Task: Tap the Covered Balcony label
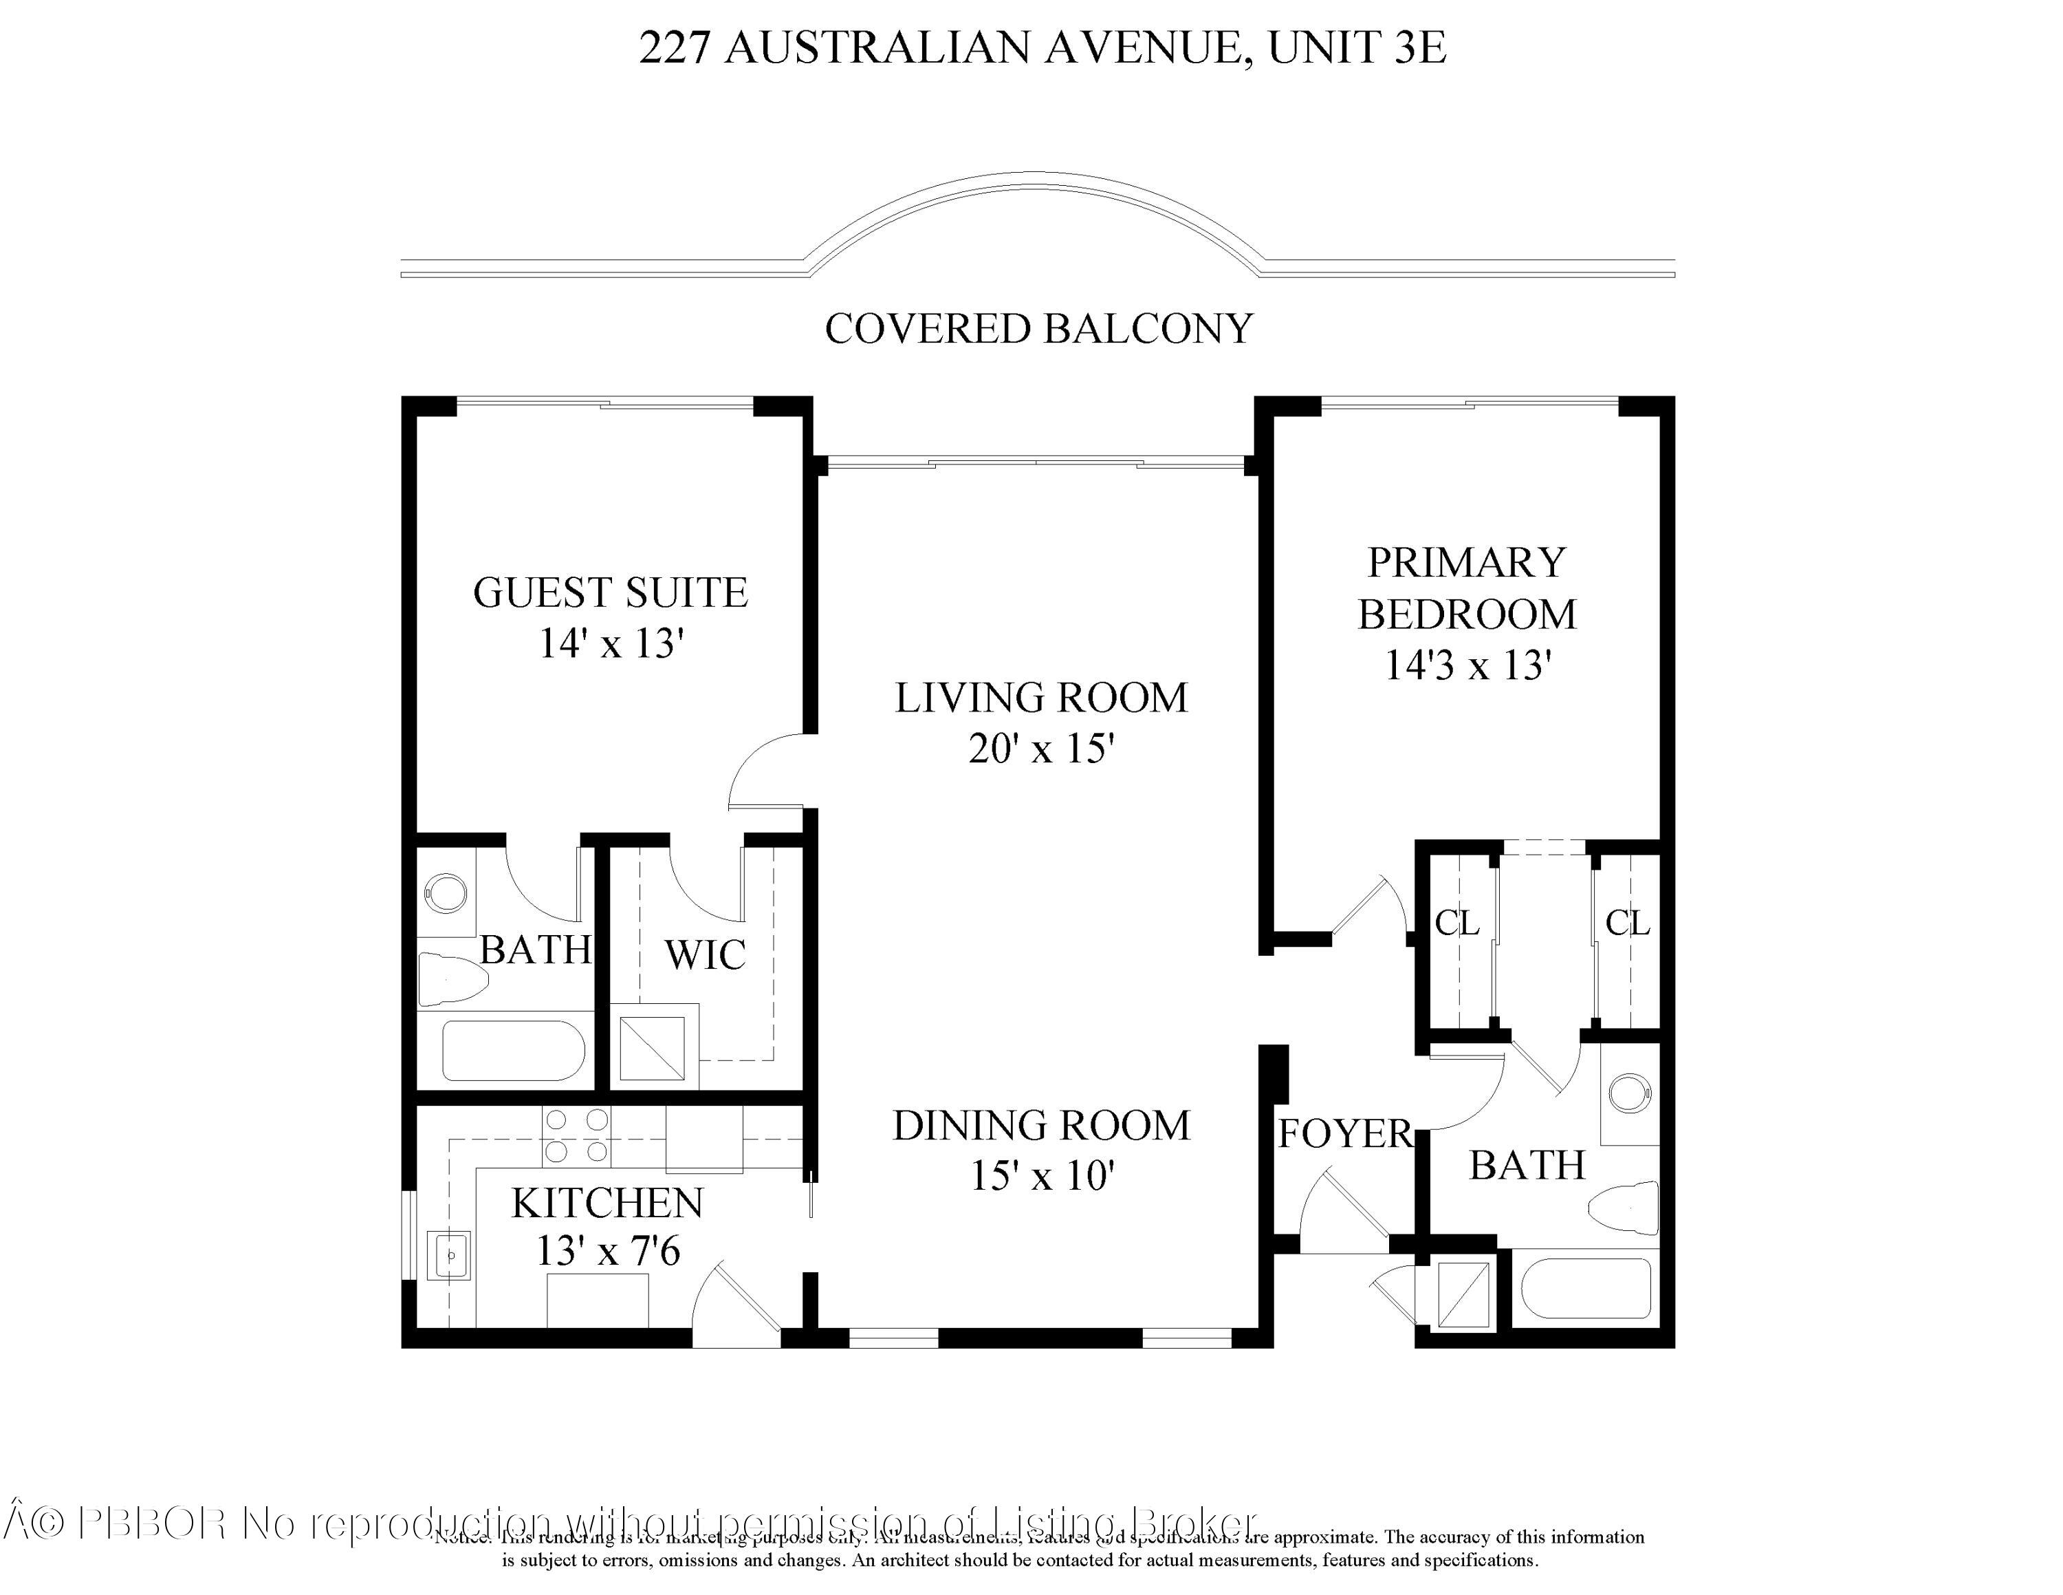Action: [1038, 329]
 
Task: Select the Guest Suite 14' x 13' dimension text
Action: [610, 645]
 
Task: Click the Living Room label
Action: [1041, 698]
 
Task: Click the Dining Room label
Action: [1041, 1126]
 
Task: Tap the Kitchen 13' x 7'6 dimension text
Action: [607, 1252]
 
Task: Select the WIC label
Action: [705, 955]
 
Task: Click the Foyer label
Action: [1344, 1135]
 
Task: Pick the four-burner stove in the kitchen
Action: [576, 1135]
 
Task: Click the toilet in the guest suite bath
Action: [453, 980]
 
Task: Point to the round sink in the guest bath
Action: [445, 892]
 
